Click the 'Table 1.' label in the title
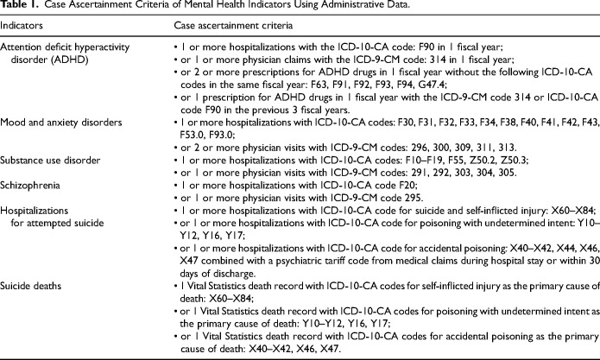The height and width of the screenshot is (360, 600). pyautogui.click(x=19, y=8)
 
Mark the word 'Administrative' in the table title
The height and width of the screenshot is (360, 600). pyautogui.click(x=335, y=8)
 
